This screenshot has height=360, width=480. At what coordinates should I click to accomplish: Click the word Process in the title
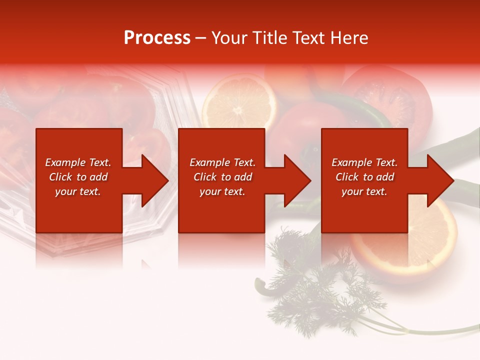tap(157, 38)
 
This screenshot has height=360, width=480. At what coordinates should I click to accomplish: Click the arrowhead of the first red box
tap(153, 180)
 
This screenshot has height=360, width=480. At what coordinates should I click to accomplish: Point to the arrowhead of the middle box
tap(295, 180)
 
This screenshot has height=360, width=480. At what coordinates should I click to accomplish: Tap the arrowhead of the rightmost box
tap(438, 180)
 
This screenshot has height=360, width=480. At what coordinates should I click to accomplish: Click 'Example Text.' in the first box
tap(78, 162)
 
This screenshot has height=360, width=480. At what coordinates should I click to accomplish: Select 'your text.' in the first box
tap(78, 191)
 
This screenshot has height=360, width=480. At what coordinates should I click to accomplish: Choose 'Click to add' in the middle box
tap(222, 177)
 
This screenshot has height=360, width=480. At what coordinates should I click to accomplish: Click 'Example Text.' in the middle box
tap(222, 162)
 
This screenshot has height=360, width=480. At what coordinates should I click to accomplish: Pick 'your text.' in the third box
tap(364, 191)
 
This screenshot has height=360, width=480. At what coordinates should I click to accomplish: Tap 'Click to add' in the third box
tap(364, 177)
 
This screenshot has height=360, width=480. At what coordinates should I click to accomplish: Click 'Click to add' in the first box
tap(78, 177)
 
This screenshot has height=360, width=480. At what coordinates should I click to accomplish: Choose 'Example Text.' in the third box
tap(364, 162)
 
